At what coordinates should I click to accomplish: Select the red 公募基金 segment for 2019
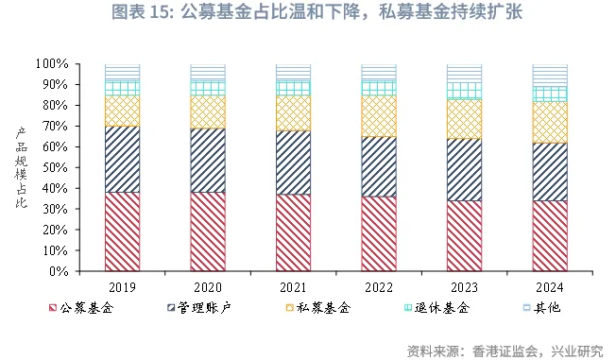click(122, 231)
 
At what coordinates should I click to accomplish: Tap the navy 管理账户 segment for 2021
click(293, 163)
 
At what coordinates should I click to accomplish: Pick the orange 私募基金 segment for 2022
click(379, 116)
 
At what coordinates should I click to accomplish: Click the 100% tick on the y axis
click(52, 64)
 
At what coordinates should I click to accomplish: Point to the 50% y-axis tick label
click(55, 167)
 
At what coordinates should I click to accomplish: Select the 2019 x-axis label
click(122, 286)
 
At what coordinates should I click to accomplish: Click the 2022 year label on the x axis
click(379, 286)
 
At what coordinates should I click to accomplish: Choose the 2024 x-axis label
click(550, 286)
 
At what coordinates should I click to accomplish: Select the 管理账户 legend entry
click(198, 308)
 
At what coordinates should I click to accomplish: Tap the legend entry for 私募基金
click(317, 308)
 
